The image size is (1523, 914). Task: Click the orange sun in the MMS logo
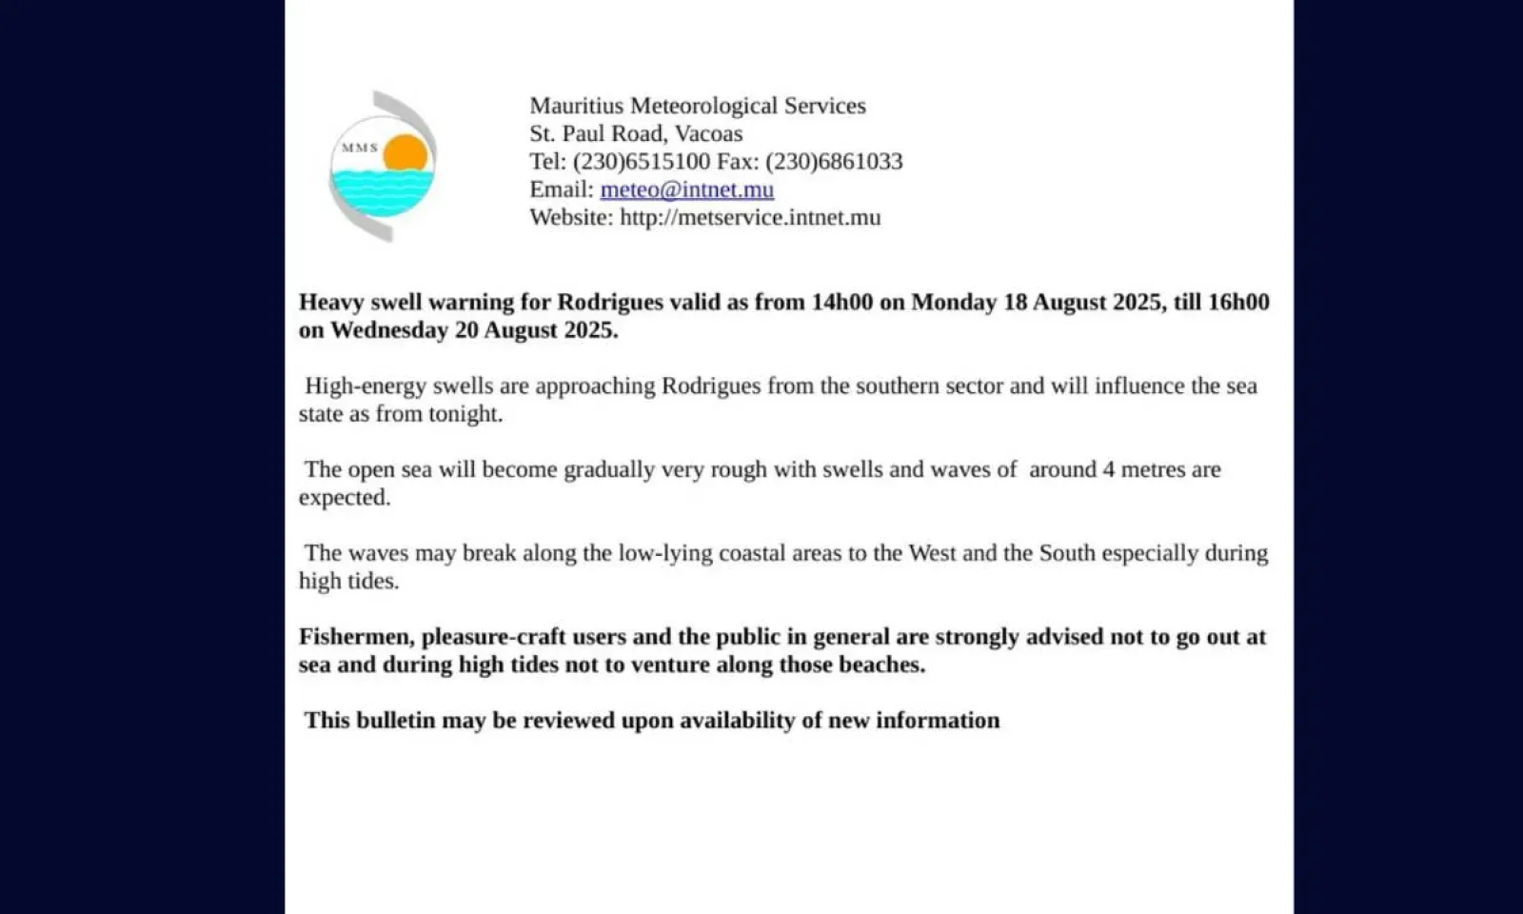click(406, 152)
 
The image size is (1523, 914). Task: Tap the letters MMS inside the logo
click(360, 148)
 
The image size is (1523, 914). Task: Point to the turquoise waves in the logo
click(381, 190)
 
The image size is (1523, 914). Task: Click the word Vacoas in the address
click(708, 133)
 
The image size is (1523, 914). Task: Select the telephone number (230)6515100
click(642, 161)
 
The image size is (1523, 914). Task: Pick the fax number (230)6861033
click(834, 161)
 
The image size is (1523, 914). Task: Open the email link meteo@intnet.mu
click(686, 189)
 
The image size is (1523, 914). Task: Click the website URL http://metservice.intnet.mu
click(750, 217)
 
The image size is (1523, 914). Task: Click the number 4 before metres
click(1109, 469)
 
